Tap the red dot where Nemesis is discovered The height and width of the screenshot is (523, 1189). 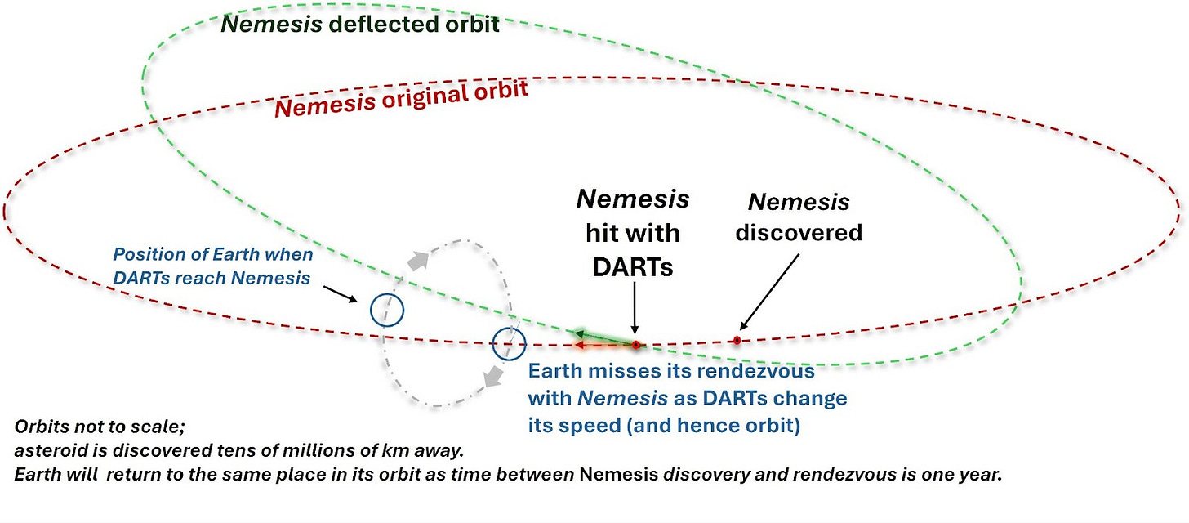tap(737, 340)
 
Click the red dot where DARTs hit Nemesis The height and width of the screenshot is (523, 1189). tap(635, 345)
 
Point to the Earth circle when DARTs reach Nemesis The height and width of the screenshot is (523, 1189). tap(387, 310)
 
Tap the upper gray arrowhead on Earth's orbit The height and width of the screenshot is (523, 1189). tap(418, 259)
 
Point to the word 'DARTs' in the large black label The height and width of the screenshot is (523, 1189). tap(634, 266)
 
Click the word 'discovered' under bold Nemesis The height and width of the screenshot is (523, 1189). tap(798, 233)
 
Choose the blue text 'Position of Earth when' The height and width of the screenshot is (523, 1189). tap(212, 255)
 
